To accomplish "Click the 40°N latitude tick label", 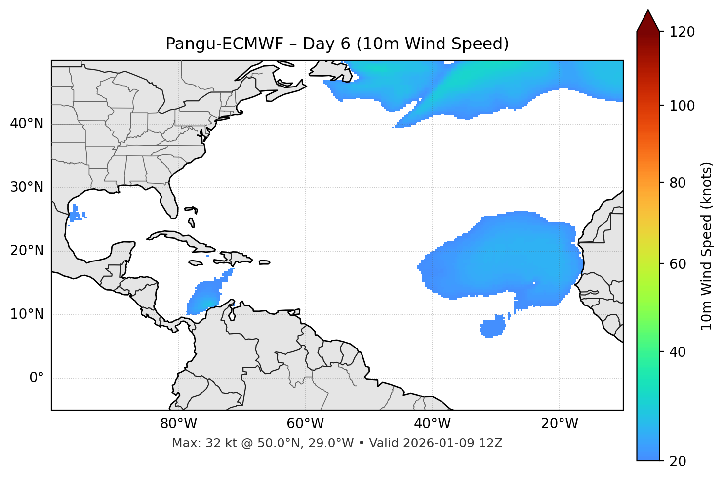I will [x=27, y=124].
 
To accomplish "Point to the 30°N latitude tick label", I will [x=27, y=187].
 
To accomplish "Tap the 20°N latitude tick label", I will [x=27, y=251].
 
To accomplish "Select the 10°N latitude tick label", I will [x=27, y=314].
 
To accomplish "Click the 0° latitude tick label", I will [x=36, y=378].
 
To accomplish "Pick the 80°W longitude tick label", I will [x=178, y=424].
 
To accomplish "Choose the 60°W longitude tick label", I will [x=305, y=424].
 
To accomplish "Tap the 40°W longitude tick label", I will [x=432, y=424].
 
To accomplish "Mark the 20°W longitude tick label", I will [x=559, y=424].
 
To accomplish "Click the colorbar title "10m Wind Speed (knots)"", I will [x=707, y=246].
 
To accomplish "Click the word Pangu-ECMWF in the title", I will [x=224, y=44].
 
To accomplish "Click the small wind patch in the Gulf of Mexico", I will [x=76, y=214].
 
